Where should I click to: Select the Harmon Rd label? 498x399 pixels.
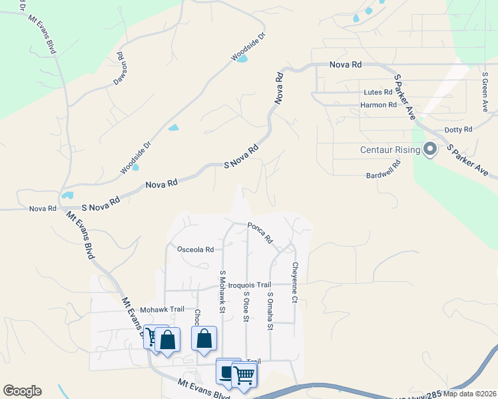(x=378, y=105)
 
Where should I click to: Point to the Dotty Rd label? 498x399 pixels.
(x=458, y=130)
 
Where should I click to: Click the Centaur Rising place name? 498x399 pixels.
(x=390, y=150)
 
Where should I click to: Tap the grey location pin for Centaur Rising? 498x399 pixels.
(x=429, y=150)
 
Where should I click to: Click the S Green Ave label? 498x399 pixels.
(x=485, y=93)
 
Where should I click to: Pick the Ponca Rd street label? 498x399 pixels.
(x=260, y=231)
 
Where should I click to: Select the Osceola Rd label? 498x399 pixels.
(x=196, y=250)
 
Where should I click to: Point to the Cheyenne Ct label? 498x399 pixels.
(x=294, y=282)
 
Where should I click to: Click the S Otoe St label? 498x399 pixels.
(x=246, y=307)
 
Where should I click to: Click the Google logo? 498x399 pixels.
(x=22, y=391)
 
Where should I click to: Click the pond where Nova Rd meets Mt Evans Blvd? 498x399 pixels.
(x=67, y=196)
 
